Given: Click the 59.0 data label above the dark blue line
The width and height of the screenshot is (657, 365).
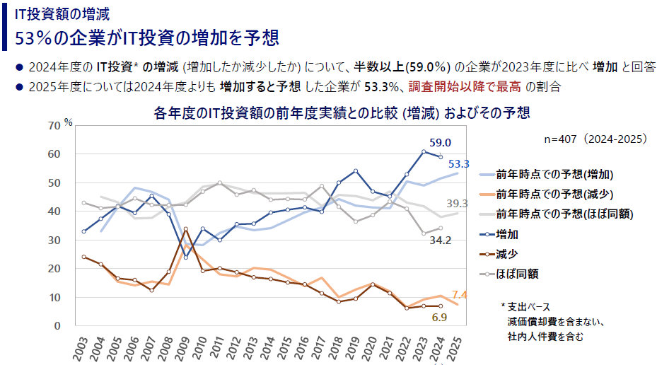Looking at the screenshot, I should pyautogui.click(x=441, y=141).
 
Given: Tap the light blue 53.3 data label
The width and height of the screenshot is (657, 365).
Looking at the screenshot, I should pyautogui.click(x=460, y=165).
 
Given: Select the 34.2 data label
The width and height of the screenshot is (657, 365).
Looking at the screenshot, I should pyautogui.click(x=441, y=241).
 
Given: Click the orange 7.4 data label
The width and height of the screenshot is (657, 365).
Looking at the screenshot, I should pyautogui.click(x=460, y=294).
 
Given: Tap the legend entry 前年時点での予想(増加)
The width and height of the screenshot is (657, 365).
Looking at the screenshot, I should pyautogui.click(x=554, y=174).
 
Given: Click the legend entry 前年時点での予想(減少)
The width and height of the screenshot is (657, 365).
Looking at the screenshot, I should pyautogui.click(x=554, y=194).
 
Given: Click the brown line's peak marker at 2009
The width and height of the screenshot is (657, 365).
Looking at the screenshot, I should pyautogui.click(x=185, y=229).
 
